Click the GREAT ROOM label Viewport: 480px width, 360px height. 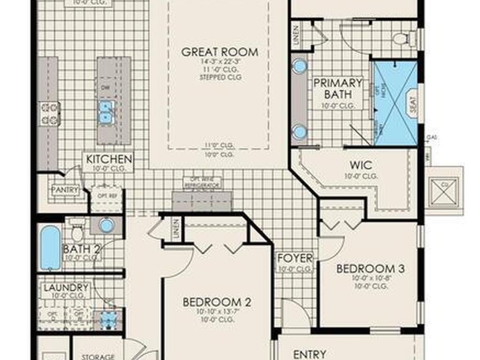(219, 52)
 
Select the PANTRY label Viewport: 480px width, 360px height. (65, 190)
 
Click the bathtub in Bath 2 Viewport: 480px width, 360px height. (50, 247)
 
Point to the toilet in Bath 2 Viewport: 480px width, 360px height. (77, 231)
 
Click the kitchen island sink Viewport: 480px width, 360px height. (106, 112)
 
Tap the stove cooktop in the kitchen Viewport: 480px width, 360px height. (50, 113)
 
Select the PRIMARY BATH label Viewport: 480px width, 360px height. (337, 89)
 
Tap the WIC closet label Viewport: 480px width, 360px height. (361, 165)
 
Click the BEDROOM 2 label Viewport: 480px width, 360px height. (217, 302)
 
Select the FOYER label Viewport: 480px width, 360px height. (295, 258)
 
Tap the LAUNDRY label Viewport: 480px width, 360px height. (66, 287)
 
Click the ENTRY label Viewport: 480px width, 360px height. (309, 354)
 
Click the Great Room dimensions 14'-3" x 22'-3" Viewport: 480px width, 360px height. (219, 61)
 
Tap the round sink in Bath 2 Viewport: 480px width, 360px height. (107, 225)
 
